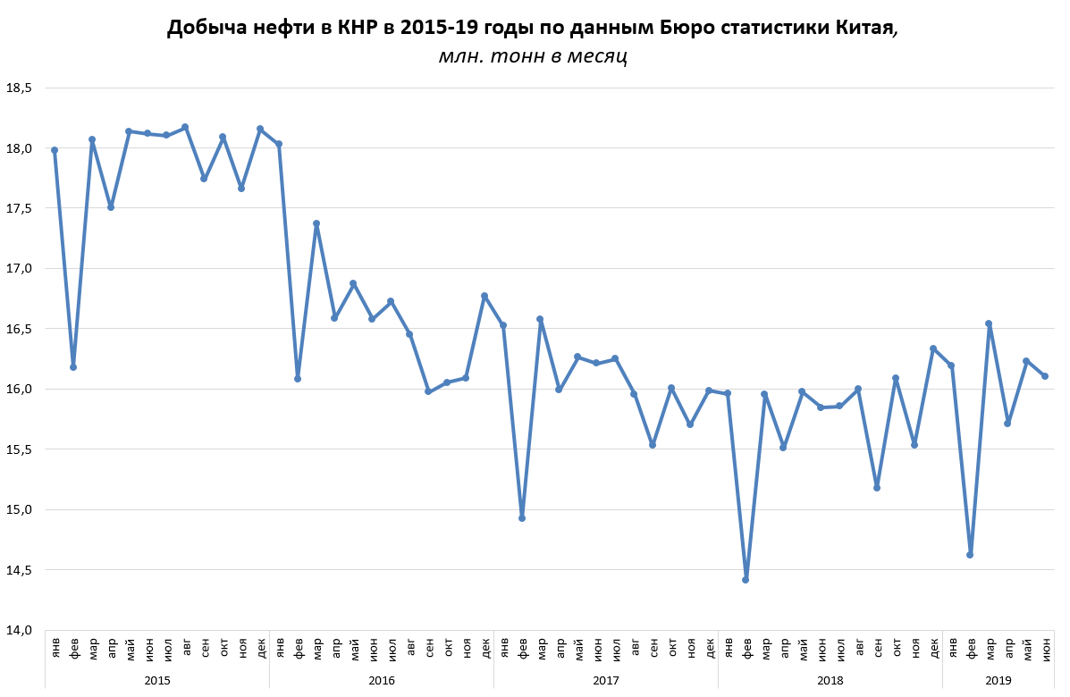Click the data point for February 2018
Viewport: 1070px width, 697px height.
(746, 580)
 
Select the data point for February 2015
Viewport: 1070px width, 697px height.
(73, 367)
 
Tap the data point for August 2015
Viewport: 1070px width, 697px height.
(185, 127)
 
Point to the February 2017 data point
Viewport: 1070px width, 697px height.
(522, 518)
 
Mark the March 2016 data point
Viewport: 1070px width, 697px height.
(316, 223)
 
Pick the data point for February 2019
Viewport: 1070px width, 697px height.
(970, 555)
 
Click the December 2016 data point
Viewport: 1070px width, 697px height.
(484, 296)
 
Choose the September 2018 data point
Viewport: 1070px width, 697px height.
(877, 488)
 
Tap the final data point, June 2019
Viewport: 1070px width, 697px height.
(1044, 376)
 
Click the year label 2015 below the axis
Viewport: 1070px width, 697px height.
(157, 680)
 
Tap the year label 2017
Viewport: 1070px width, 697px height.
(606, 680)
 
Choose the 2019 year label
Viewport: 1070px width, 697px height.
(998, 680)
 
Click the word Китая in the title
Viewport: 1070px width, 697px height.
(864, 29)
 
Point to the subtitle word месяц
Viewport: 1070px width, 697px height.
(596, 57)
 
